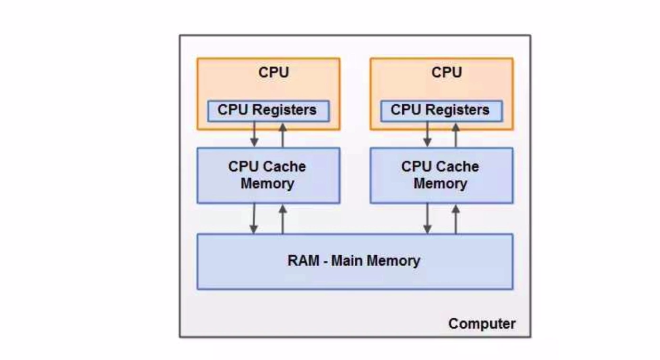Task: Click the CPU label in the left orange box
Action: click(x=273, y=72)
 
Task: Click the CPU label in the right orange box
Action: click(x=446, y=72)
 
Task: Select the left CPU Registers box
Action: click(x=268, y=110)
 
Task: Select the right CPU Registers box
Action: click(x=441, y=110)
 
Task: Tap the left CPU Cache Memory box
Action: click(x=268, y=175)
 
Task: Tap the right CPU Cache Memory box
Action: click(x=441, y=175)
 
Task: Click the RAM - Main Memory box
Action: click(x=354, y=261)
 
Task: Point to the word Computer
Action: click(x=482, y=323)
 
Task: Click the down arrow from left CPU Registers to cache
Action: click(x=254, y=134)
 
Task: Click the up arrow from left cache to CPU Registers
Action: click(x=283, y=134)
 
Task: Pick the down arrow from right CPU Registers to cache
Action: click(x=427, y=134)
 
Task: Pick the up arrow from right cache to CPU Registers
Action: click(x=456, y=134)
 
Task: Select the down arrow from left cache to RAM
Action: click(x=254, y=218)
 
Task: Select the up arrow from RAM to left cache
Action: click(x=283, y=218)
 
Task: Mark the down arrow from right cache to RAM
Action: click(x=427, y=218)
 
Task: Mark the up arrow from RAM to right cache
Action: click(x=456, y=218)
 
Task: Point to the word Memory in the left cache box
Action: click(x=267, y=184)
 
